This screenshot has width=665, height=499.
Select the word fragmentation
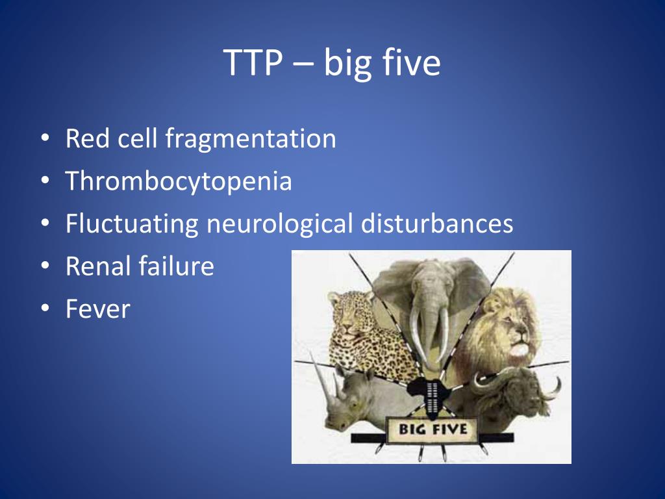point(250,139)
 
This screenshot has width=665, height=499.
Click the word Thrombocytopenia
point(179,182)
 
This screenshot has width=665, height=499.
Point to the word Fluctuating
point(132,224)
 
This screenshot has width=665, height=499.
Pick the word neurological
point(280,224)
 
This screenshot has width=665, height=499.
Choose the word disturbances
point(437,224)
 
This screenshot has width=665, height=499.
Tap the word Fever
point(97,309)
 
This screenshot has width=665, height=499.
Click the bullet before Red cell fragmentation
point(44,139)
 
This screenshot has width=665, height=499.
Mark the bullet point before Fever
point(44,309)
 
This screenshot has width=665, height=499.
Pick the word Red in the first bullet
point(86,139)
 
